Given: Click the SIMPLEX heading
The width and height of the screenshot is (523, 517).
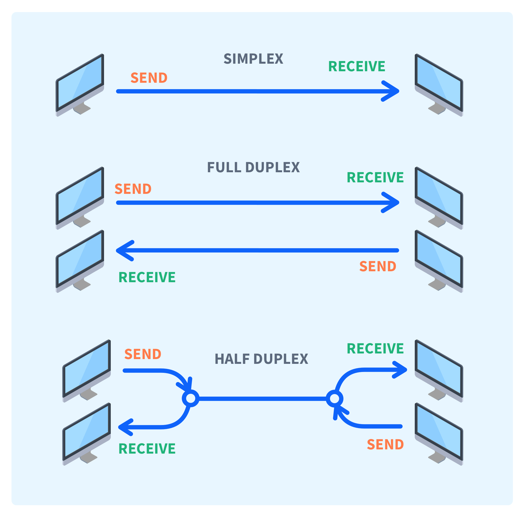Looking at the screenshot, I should (x=253, y=59).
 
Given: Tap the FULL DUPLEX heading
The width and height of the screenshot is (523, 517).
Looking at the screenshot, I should (x=253, y=167).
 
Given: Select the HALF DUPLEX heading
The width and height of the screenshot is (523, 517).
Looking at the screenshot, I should (x=261, y=359).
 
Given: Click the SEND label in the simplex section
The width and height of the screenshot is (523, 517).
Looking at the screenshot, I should (x=149, y=78).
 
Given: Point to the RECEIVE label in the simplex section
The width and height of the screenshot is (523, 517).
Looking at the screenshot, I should (x=357, y=66).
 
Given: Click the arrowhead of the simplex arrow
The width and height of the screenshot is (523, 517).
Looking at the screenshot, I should (x=393, y=91).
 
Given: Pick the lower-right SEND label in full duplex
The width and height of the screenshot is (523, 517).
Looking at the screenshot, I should (x=378, y=266).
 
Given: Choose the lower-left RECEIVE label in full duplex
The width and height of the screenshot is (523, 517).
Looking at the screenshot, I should (x=147, y=277).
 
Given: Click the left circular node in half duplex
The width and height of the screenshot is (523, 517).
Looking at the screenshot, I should (x=191, y=398).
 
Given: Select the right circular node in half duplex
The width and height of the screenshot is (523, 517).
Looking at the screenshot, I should (x=334, y=398).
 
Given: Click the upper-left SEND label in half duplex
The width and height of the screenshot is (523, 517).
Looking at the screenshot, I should (x=143, y=354).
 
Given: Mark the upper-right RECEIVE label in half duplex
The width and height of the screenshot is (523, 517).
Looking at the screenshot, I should (x=375, y=349).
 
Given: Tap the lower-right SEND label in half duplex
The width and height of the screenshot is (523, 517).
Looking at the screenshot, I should (x=385, y=445).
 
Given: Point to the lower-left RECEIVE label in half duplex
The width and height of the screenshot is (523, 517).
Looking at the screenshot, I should (x=147, y=449).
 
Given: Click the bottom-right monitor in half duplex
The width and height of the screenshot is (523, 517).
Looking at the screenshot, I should (x=439, y=433).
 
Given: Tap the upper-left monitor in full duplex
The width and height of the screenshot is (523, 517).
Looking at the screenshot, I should (x=80, y=196).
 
